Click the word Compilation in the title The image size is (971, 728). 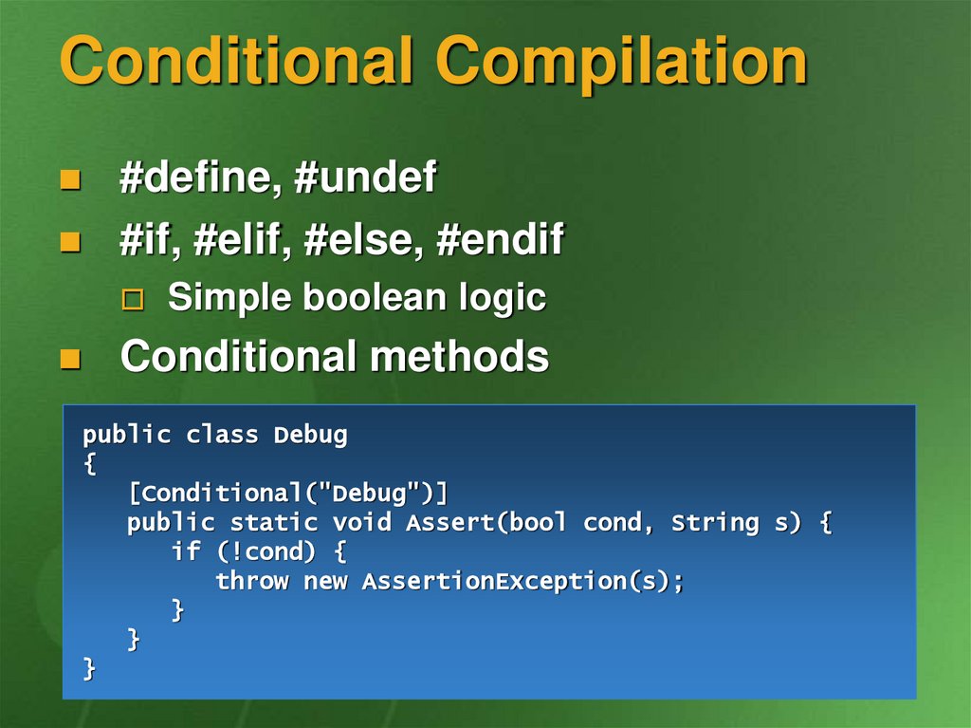pyautogui.click(x=622, y=62)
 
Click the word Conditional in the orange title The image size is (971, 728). pyautogui.click(x=236, y=60)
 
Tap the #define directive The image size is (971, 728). pyautogui.click(x=194, y=177)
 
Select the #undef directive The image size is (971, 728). pyautogui.click(x=365, y=177)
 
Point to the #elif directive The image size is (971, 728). pyautogui.click(x=242, y=239)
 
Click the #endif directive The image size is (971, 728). pyautogui.click(x=501, y=239)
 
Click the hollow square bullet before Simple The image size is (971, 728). pyautogui.click(x=133, y=300)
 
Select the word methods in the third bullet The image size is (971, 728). pyautogui.click(x=460, y=356)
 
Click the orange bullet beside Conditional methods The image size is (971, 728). pyautogui.click(x=70, y=359)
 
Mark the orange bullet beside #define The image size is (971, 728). pyautogui.click(x=70, y=179)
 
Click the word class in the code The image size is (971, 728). pyautogui.click(x=222, y=435)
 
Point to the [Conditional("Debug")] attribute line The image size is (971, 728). pyautogui.click(x=288, y=494)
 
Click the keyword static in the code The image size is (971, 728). pyautogui.click(x=273, y=522)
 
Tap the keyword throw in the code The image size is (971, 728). pyautogui.click(x=252, y=581)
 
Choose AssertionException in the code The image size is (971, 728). pyautogui.click(x=494, y=582)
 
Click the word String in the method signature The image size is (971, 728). pyautogui.click(x=715, y=523)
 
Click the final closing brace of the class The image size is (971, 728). pyautogui.click(x=89, y=669)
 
